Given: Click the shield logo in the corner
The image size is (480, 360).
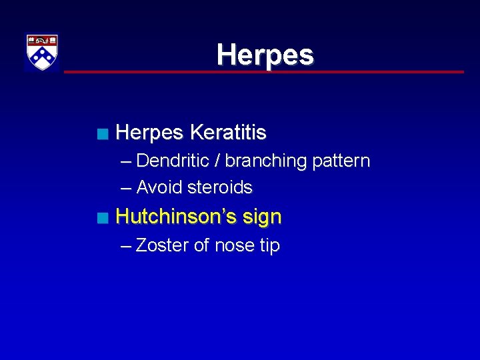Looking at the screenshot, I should pyautogui.click(x=42, y=52).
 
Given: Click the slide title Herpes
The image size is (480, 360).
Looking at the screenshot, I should pyautogui.click(x=265, y=55).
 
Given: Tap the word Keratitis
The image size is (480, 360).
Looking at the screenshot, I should pyautogui.click(x=228, y=133).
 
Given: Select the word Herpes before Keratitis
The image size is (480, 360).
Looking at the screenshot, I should pyautogui.click(x=149, y=133).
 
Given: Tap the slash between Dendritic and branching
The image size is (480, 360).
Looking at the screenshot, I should pyautogui.click(x=219, y=161).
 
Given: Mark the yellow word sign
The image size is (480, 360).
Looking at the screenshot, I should pyautogui.click(x=265, y=217).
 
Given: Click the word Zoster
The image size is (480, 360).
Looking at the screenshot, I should pyautogui.click(x=162, y=245).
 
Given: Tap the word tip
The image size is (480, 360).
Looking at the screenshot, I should pyautogui.click(x=270, y=245).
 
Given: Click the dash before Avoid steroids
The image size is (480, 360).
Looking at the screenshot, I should pyautogui.click(x=126, y=187).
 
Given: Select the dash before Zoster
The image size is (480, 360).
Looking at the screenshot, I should pyautogui.click(x=126, y=245).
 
